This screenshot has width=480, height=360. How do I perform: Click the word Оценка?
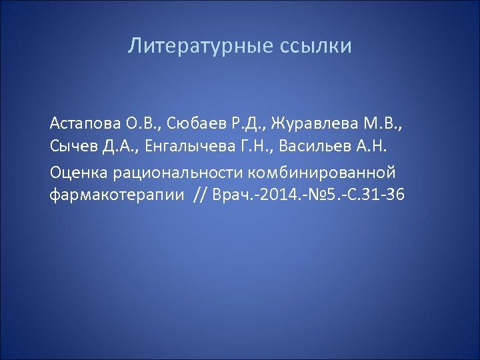coord(79,172)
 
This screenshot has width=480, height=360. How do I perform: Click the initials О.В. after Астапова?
coord(142,123)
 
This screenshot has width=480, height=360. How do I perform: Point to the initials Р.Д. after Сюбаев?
coord(248,123)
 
